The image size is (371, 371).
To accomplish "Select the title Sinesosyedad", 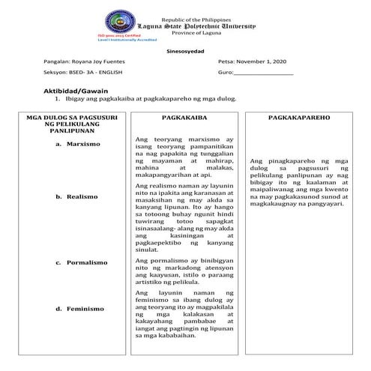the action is [183, 51].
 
